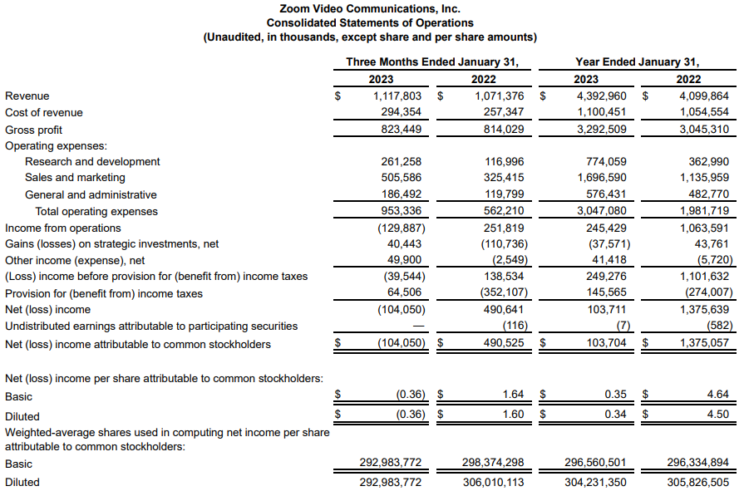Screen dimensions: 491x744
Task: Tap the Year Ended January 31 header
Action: pos(638,61)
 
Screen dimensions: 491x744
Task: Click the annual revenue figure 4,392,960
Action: pos(598,96)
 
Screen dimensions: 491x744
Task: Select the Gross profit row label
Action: pos(33,130)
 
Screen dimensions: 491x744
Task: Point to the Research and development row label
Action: pos(92,161)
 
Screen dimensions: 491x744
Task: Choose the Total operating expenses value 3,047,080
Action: pos(598,211)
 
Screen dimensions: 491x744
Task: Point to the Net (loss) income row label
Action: pos(48,309)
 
